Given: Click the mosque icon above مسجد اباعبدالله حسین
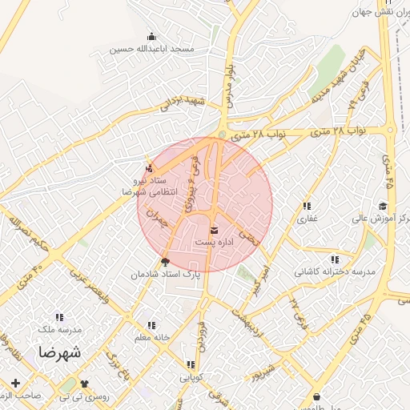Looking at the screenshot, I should click(x=151, y=36).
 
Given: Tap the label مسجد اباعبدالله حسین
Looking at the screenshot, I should click(x=153, y=50).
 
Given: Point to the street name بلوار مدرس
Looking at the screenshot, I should click(x=231, y=79).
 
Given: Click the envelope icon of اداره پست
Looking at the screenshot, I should click(x=213, y=231).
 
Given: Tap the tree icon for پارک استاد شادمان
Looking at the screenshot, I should click(x=166, y=261).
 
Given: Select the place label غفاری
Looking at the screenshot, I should click(x=308, y=218).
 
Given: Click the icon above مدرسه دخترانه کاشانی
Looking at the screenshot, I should click(x=334, y=259).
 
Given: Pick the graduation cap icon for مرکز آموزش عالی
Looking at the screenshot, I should click(x=383, y=207).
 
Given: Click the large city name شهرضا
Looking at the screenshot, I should click(x=58, y=352).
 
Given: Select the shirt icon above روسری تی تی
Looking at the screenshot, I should click(x=84, y=384).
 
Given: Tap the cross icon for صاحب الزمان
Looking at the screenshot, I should click(x=15, y=384).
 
